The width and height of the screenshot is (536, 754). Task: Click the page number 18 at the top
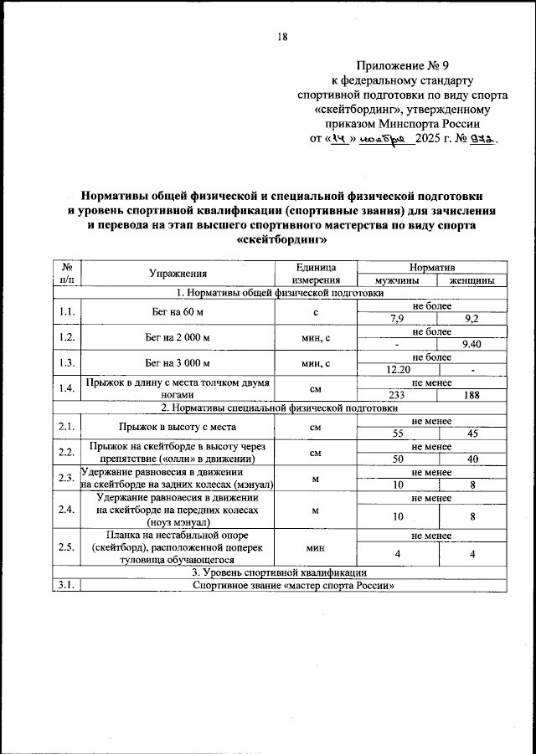tap(282, 36)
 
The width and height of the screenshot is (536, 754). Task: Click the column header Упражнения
tap(178, 273)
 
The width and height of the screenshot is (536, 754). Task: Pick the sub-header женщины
tap(472, 280)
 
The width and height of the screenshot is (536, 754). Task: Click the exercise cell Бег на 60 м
tap(178, 312)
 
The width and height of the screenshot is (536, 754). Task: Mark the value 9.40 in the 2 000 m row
tap(472, 344)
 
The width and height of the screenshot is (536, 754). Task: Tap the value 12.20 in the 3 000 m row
tap(399, 369)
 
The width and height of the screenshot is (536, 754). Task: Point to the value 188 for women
tap(472, 395)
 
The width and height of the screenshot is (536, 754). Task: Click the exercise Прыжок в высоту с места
tap(178, 427)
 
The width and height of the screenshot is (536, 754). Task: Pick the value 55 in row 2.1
tap(399, 433)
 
